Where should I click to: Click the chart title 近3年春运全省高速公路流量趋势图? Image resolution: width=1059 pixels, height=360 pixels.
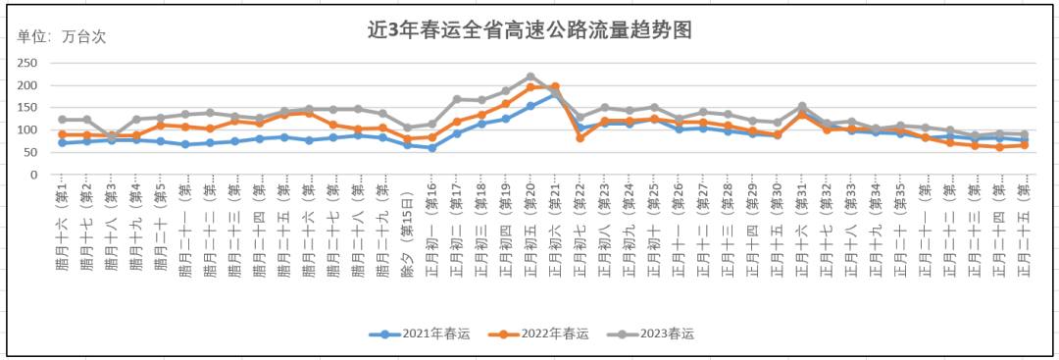[529, 30]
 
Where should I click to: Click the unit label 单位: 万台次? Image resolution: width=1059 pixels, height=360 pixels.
[61, 37]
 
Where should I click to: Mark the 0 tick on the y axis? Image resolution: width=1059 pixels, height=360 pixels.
[32, 175]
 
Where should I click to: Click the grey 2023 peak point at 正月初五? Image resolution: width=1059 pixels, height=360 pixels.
[530, 77]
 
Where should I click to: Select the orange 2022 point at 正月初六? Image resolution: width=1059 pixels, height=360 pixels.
[555, 86]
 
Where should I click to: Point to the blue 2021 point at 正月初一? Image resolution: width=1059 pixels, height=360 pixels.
[432, 147]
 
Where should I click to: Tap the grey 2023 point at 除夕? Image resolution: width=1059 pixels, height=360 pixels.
[408, 128]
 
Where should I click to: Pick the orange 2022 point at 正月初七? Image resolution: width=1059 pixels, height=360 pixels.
[580, 137]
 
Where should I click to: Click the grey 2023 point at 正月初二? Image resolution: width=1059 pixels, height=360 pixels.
[457, 99]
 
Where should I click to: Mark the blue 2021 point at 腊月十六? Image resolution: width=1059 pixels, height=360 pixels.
[62, 142]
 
